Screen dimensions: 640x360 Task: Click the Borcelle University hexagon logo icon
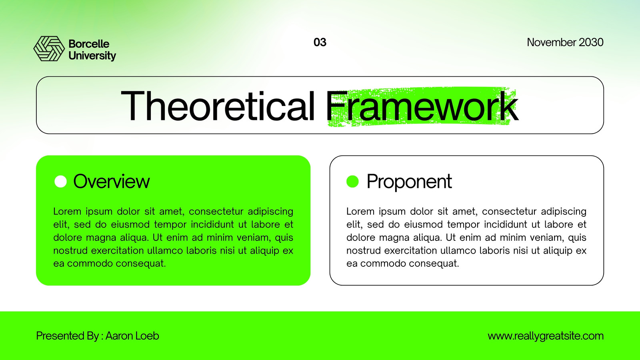(49, 48)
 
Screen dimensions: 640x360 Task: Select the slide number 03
(320, 42)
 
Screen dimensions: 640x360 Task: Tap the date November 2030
(565, 42)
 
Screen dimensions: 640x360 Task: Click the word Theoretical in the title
(218, 106)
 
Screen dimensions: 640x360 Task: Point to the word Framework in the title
(422, 106)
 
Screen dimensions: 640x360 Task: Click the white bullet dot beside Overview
(60, 182)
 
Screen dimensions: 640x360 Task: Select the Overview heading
(112, 182)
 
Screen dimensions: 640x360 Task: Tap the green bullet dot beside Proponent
(352, 182)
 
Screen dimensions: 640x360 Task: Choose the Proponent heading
(409, 182)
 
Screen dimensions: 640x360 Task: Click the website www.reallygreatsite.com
(546, 336)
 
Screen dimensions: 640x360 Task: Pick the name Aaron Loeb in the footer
(132, 336)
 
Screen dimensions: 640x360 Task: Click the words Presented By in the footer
(68, 336)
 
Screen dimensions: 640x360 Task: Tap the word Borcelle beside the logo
(89, 44)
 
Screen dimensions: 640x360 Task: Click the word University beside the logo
(92, 56)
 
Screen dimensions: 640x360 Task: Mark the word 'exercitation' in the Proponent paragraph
(410, 250)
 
